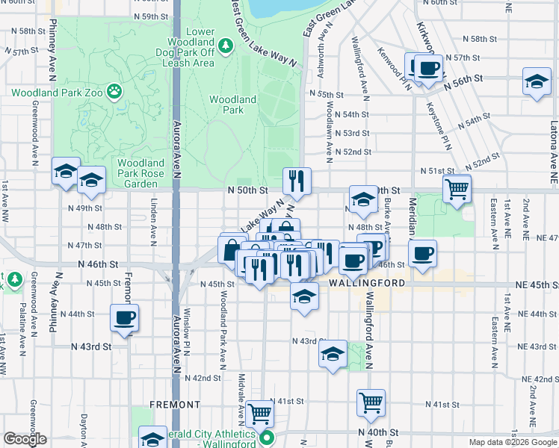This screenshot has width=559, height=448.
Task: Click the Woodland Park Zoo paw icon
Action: point(114,93)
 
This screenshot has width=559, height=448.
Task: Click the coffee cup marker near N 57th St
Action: point(428,69)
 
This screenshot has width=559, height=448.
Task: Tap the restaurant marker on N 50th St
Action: point(297,181)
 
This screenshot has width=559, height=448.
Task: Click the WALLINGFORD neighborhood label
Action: point(365,284)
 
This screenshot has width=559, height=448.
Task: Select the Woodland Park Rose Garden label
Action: point(140,173)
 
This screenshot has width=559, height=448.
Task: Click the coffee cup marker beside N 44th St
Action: point(125,318)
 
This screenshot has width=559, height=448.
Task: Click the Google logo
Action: point(24,439)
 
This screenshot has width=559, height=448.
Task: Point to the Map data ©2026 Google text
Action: point(512,442)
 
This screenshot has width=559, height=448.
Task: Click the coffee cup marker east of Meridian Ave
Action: point(423,254)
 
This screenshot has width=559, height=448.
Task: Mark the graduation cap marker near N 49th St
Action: point(363,199)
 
